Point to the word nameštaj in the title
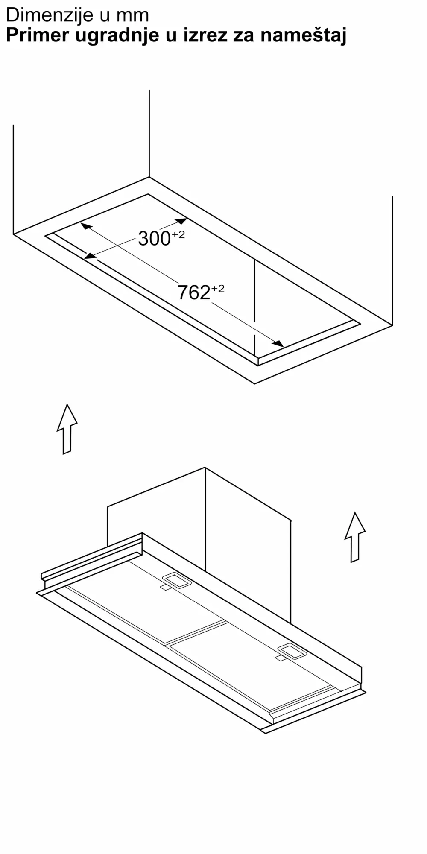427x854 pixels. tap(303, 36)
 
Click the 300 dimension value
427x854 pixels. tap(154, 238)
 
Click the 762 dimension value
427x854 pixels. tap(194, 292)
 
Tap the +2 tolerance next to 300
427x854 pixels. tap(178, 234)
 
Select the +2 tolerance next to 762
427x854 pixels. tap(218, 289)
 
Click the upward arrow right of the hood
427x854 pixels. tap(355, 537)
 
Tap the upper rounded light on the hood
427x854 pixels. tap(176, 580)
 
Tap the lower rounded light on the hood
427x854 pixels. tap(292, 652)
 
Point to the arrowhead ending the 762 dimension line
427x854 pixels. tap(278, 344)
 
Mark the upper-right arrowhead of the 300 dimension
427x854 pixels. tap(181, 221)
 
